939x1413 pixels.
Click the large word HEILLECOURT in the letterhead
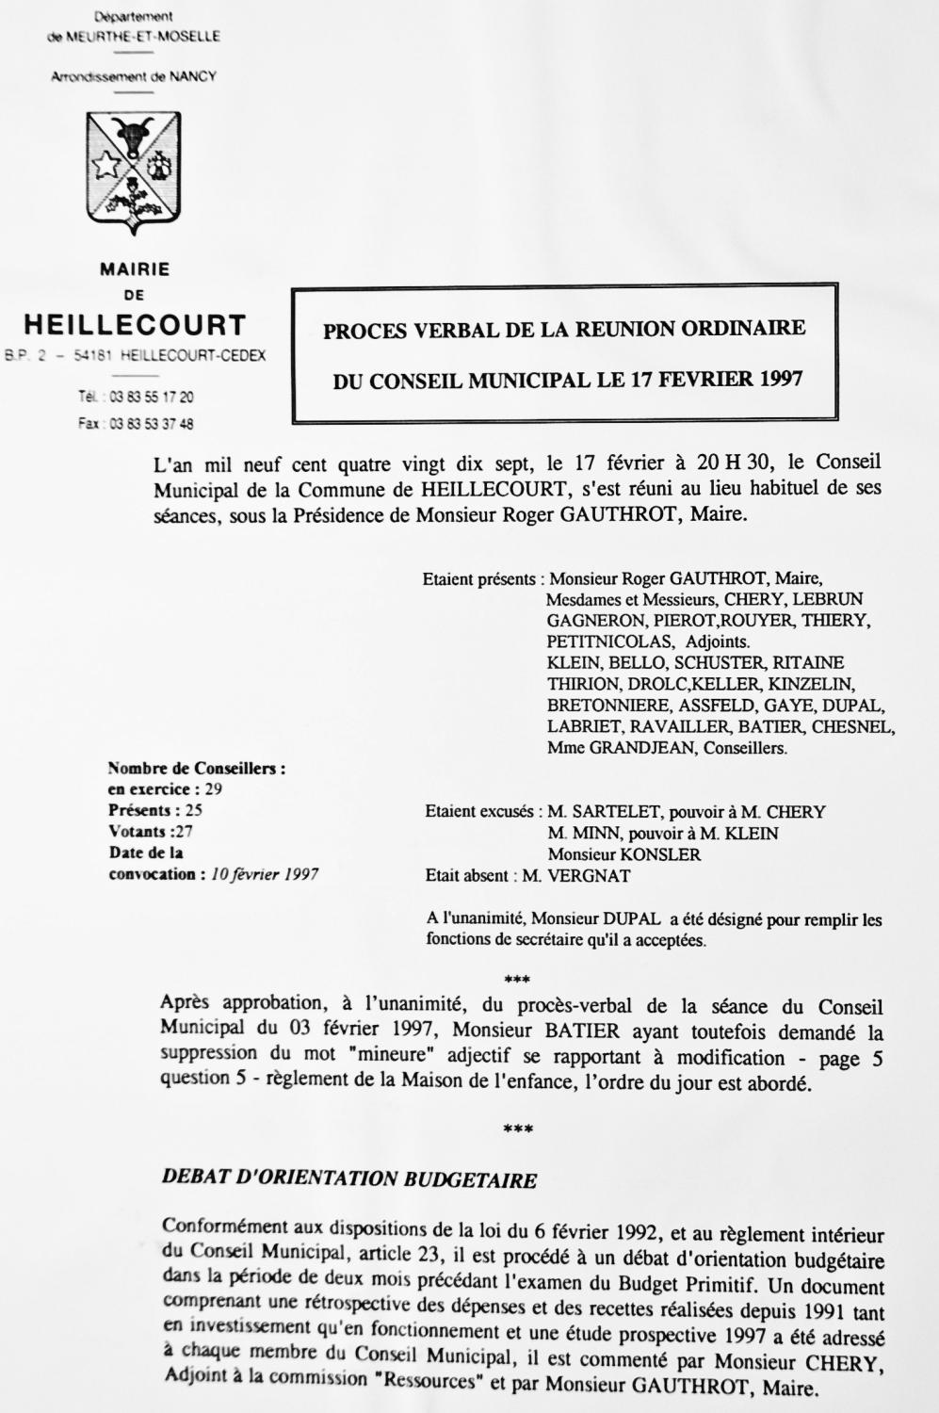click(x=134, y=326)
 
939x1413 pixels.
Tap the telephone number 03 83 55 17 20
click(x=151, y=398)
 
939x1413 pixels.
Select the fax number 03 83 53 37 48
click(x=151, y=424)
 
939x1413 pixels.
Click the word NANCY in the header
click(x=193, y=76)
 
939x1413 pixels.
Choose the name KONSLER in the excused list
click(x=641, y=854)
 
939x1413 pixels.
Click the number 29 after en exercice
click(x=214, y=788)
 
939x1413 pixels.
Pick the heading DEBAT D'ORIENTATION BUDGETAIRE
click(x=349, y=1178)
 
